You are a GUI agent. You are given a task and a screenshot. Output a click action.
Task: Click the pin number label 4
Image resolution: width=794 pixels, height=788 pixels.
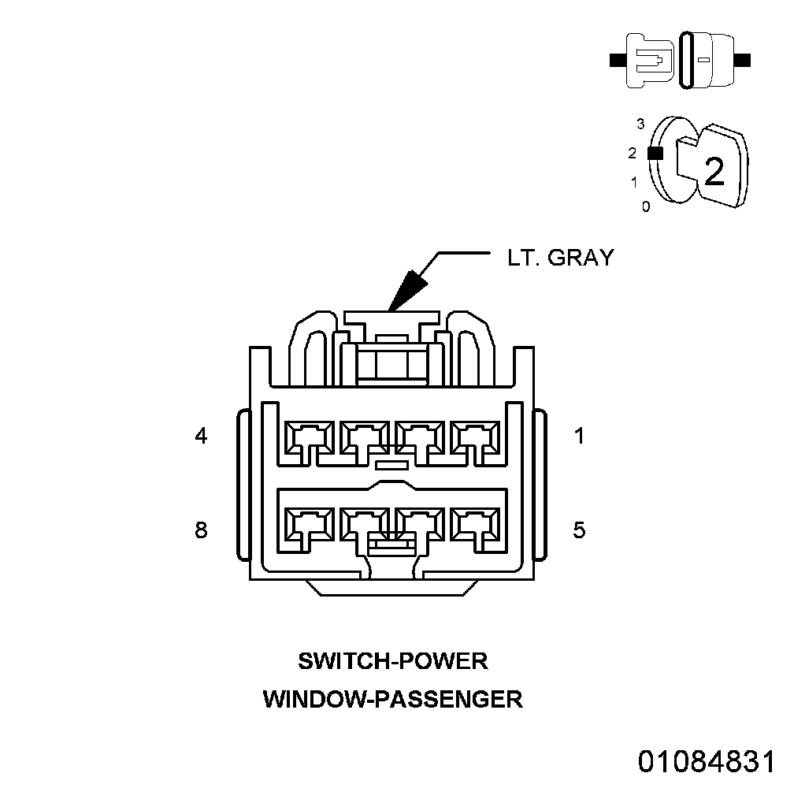(202, 436)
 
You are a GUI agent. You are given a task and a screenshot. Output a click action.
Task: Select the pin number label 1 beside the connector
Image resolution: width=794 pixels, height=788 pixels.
(579, 436)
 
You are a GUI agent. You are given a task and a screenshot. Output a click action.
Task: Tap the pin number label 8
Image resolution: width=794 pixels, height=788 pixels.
(202, 530)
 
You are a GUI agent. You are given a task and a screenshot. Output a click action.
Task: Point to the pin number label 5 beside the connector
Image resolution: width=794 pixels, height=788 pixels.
(579, 530)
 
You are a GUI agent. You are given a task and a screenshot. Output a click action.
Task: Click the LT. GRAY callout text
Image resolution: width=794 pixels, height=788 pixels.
(560, 258)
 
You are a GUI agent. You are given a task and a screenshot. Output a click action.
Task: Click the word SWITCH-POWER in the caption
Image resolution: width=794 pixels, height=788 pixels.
(393, 660)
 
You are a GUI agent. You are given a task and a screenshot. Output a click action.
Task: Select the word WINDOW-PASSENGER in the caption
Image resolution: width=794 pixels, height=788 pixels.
(393, 699)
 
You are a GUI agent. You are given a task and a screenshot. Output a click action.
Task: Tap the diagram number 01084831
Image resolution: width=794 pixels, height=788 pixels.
(707, 762)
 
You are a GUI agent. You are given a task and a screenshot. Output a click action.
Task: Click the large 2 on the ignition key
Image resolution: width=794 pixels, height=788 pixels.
(714, 172)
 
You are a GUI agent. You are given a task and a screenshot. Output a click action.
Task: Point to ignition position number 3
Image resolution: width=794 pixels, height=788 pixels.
(640, 124)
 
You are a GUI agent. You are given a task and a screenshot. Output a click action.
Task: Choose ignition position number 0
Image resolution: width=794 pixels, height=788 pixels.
(646, 207)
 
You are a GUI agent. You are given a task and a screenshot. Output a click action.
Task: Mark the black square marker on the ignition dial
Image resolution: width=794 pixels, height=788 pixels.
(654, 154)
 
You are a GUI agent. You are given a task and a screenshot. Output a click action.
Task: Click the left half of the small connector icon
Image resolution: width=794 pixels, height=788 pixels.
(650, 60)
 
